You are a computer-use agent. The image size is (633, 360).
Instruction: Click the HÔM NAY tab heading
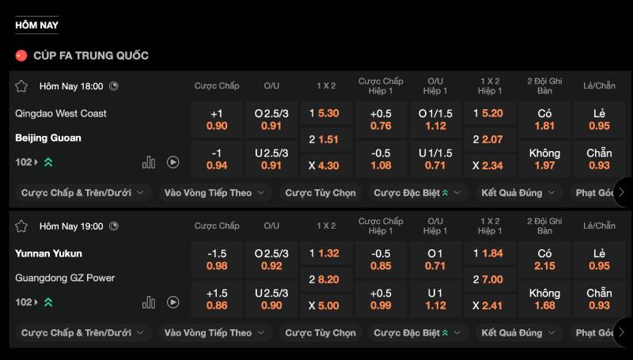[x=36, y=25]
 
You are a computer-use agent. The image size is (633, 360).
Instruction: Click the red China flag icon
[x=21, y=55]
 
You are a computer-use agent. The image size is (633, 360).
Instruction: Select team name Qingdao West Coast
[x=61, y=113]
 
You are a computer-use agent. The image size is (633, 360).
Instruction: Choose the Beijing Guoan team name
[x=48, y=138]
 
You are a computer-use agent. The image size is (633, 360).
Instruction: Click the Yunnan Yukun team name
[x=48, y=253]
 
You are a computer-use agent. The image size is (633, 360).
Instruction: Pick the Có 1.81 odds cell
[x=544, y=119]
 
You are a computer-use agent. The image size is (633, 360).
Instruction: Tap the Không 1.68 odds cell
[x=544, y=299]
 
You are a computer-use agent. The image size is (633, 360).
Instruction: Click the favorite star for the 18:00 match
[x=21, y=85]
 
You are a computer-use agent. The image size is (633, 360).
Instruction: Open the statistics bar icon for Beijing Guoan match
[x=149, y=162]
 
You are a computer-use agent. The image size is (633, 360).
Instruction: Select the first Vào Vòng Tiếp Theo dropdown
[x=214, y=192]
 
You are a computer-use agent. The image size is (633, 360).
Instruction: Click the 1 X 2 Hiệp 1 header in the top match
[x=491, y=85]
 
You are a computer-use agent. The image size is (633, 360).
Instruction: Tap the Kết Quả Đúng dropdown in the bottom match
[x=518, y=333]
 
